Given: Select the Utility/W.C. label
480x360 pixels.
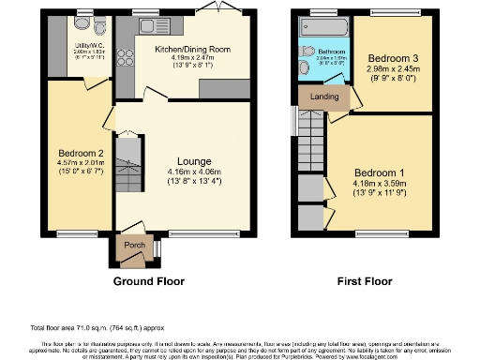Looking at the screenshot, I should [x=90, y=42].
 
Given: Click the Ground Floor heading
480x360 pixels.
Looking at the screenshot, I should [x=148, y=280].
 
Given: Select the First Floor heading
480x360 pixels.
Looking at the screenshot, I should [x=366, y=280].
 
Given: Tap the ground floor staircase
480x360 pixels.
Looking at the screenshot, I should [x=131, y=163].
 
